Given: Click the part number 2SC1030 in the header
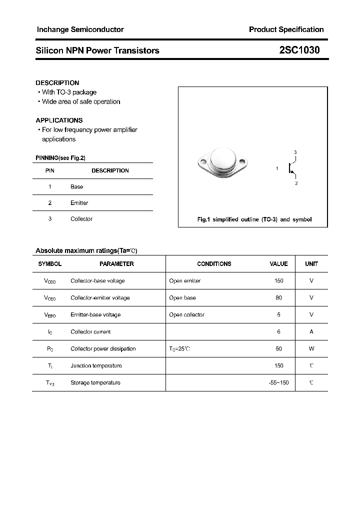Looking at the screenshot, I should (x=299, y=50).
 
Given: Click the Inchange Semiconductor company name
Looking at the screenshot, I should (x=80, y=29).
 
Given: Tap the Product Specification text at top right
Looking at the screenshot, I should (x=286, y=29).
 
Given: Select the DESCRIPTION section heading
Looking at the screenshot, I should (x=57, y=82).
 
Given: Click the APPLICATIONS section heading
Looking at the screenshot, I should (x=59, y=120).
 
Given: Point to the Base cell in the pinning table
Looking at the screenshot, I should (x=77, y=186).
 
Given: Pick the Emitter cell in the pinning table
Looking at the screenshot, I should (x=79, y=202).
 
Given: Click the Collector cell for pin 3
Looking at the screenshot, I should (x=81, y=218).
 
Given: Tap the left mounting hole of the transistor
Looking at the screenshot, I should (x=203, y=161).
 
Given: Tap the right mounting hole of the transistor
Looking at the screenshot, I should (x=243, y=162).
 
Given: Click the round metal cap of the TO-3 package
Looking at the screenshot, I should (x=223, y=159).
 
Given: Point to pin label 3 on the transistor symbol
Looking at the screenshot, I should (x=295, y=152).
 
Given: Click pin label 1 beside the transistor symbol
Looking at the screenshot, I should (x=277, y=168).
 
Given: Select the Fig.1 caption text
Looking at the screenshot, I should (x=254, y=219).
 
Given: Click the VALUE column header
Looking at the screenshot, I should (x=278, y=263).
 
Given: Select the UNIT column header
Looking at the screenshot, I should (x=311, y=263).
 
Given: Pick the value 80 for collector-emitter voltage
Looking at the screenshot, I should (x=278, y=297).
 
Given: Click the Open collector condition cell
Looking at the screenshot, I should (x=186, y=314).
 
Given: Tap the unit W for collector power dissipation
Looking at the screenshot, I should (x=311, y=348).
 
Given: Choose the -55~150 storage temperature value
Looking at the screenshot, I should (x=278, y=382).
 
